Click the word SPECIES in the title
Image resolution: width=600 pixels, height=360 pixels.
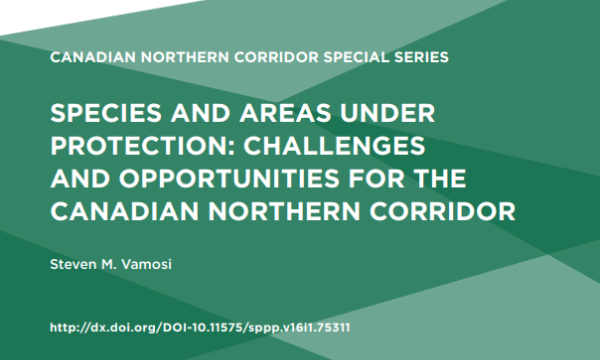(x=106, y=113)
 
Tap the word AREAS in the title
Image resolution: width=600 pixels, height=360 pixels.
(x=285, y=113)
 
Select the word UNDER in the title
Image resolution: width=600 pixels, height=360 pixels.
(x=388, y=113)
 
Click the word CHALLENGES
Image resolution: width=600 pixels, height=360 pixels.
(x=334, y=146)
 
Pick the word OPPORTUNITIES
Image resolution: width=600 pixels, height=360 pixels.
(x=229, y=179)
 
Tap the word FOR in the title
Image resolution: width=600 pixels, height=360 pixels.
(x=376, y=179)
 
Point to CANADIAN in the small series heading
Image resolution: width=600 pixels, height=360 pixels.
(x=93, y=57)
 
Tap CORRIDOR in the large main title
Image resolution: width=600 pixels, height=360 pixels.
(x=442, y=212)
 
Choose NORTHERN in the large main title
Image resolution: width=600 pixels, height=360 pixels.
(x=284, y=212)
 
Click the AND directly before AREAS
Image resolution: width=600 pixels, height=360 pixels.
(x=201, y=113)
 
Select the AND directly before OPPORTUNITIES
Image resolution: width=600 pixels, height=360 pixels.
(x=80, y=179)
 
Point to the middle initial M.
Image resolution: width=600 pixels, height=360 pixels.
(x=108, y=264)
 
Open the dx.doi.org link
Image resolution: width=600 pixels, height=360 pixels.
(x=200, y=328)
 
